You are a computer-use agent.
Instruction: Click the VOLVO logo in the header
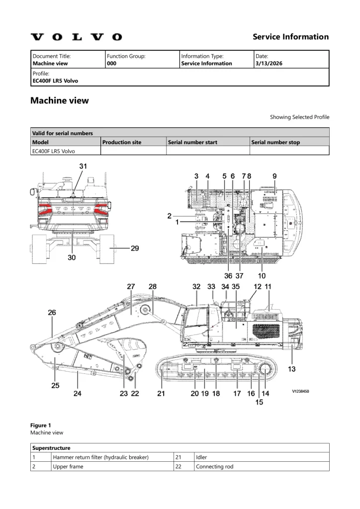pyautogui.click(x=76, y=37)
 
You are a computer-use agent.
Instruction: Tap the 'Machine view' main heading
pyautogui.click(x=60, y=100)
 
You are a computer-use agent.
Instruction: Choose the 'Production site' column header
pyautogui.click(x=122, y=142)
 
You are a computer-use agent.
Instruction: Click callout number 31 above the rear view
pyautogui.click(x=83, y=167)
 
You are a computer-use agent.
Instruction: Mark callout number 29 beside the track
pyautogui.click(x=134, y=248)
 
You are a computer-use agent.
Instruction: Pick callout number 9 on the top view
pyautogui.click(x=274, y=176)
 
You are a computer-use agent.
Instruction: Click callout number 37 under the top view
pyautogui.click(x=240, y=276)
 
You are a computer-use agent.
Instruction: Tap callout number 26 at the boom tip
pyautogui.click(x=52, y=313)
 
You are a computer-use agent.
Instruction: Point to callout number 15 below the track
pyautogui.click(x=260, y=402)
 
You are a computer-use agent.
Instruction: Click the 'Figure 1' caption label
pyautogui.click(x=41, y=425)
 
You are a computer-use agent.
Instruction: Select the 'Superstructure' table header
pyautogui.click(x=51, y=448)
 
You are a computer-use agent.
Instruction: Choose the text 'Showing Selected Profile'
pyautogui.click(x=299, y=117)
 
